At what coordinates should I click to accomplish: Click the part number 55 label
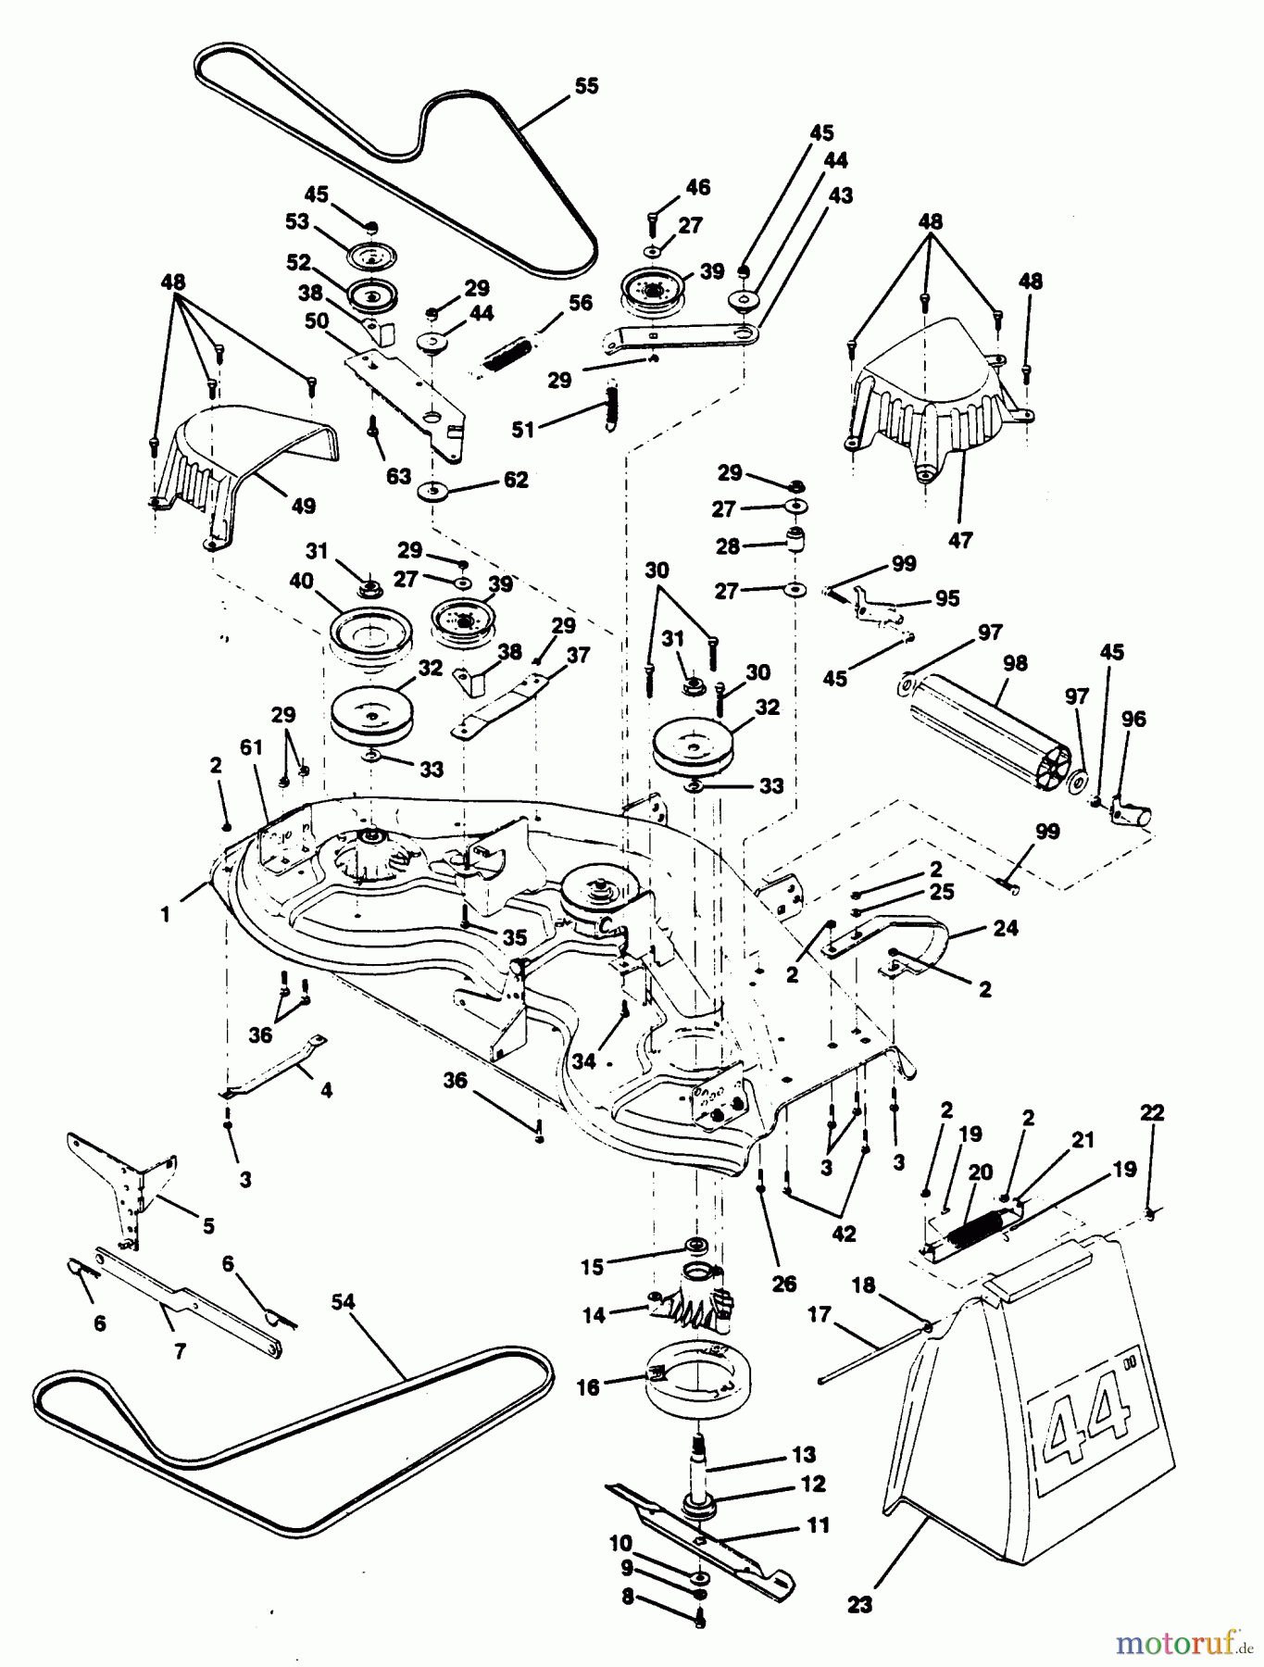pos(586,86)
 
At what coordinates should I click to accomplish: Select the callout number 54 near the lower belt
pos(344,1303)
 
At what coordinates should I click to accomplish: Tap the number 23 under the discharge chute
pos(859,1603)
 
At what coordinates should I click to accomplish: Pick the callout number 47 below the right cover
pos(960,539)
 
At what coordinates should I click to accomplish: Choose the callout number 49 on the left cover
pos(304,506)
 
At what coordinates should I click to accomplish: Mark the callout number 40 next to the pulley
pos(301,582)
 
